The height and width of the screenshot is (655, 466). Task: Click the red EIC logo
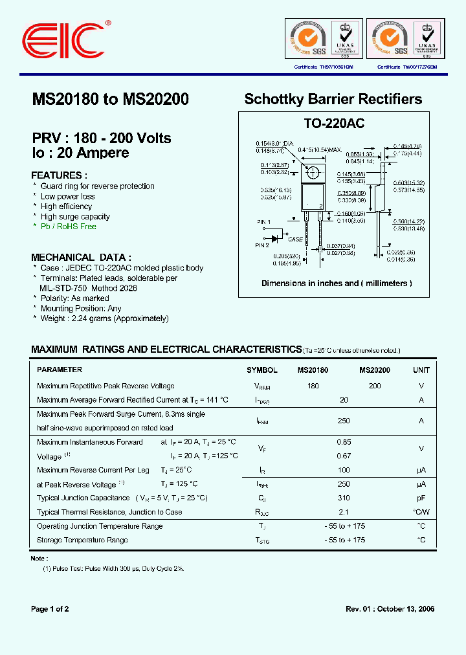[x=65, y=41]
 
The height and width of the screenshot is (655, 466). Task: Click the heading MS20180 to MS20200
[x=110, y=100]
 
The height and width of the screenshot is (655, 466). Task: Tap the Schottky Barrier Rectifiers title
[x=333, y=100]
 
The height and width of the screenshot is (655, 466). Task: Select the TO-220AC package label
[x=335, y=124]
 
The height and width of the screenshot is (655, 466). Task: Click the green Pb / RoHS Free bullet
[x=68, y=227]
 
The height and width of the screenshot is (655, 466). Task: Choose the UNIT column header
[x=421, y=370]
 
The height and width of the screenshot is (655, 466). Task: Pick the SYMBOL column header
[x=261, y=370]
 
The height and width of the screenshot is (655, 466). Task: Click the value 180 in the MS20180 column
[x=313, y=386]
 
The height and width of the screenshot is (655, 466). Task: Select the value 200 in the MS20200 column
[x=374, y=386]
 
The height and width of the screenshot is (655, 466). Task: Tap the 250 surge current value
[x=344, y=421]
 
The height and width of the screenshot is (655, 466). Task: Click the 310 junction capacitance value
[x=344, y=498]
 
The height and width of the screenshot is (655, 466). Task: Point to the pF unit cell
[x=421, y=498]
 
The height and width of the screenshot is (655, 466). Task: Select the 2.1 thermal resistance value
[x=344, y=512]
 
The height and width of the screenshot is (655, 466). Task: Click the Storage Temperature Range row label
[x=82, y=540]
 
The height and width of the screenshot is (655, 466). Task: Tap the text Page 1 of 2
[x=50, y=609]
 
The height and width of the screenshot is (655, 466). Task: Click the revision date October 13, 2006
[x=404, y=609]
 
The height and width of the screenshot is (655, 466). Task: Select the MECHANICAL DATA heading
[x=82, y=257]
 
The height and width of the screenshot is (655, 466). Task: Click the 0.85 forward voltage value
[x=344, y=442]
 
